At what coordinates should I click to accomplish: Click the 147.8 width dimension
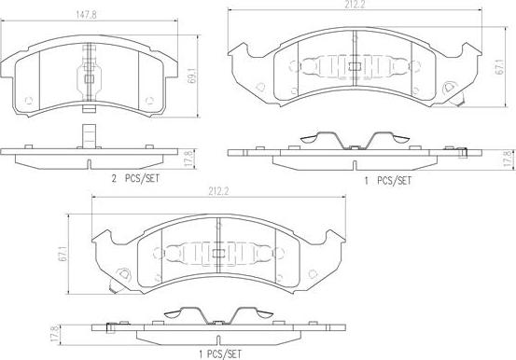click(x=86, y=15)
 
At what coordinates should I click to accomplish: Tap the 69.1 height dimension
click(x=191, y=76)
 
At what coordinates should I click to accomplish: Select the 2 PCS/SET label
click(x=135, y=179)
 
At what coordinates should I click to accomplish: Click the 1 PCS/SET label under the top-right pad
click(x=387, y=180)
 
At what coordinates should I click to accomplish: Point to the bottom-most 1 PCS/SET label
click(x=220, y=354)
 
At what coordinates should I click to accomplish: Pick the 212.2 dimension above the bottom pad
click(x=218, y=191)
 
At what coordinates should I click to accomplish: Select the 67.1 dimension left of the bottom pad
click(x=63, y=254)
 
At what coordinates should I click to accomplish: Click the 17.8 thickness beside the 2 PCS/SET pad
click(x=188, y=159)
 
